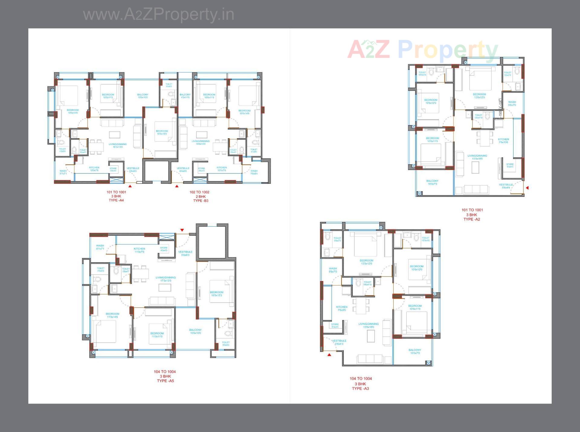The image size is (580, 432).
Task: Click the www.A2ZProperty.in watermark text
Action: point(159,15)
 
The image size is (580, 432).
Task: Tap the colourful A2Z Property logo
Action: point(422,50)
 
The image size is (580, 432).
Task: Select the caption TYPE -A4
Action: point(116,200)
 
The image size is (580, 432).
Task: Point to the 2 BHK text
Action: point(199,196)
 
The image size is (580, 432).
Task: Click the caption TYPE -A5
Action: point(165,381)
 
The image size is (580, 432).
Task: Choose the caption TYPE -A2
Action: point(472,219)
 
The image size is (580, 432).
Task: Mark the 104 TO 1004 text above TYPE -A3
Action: point(361,378)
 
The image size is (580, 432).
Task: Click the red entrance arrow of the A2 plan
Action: point(527,188)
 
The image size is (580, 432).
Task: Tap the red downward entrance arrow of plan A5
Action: point(182,230)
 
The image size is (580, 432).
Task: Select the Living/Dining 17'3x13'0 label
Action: point(166,279)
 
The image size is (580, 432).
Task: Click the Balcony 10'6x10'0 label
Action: point(195,331)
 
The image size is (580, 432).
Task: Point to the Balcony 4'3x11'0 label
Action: point(185,96)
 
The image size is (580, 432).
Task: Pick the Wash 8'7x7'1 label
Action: point(100,247)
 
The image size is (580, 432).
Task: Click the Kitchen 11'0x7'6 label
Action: point(139,250)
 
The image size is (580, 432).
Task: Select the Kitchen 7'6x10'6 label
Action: point(503,141)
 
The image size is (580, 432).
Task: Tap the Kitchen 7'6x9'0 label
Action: point(342,308)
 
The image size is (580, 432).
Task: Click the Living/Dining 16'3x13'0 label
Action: point(118,146)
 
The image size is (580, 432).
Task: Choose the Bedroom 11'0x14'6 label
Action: point(112,315)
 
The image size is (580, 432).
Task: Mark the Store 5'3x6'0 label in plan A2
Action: point(510,165)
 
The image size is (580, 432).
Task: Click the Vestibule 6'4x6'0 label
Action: point(183,169)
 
